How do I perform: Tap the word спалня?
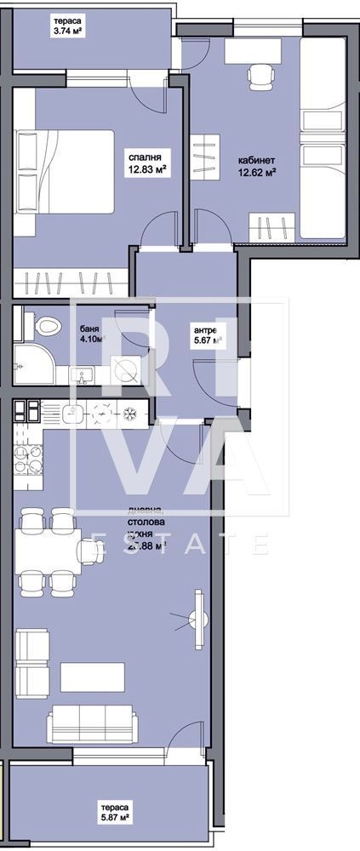tap(145, 156)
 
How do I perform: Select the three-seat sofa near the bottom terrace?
tap(91, 723)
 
